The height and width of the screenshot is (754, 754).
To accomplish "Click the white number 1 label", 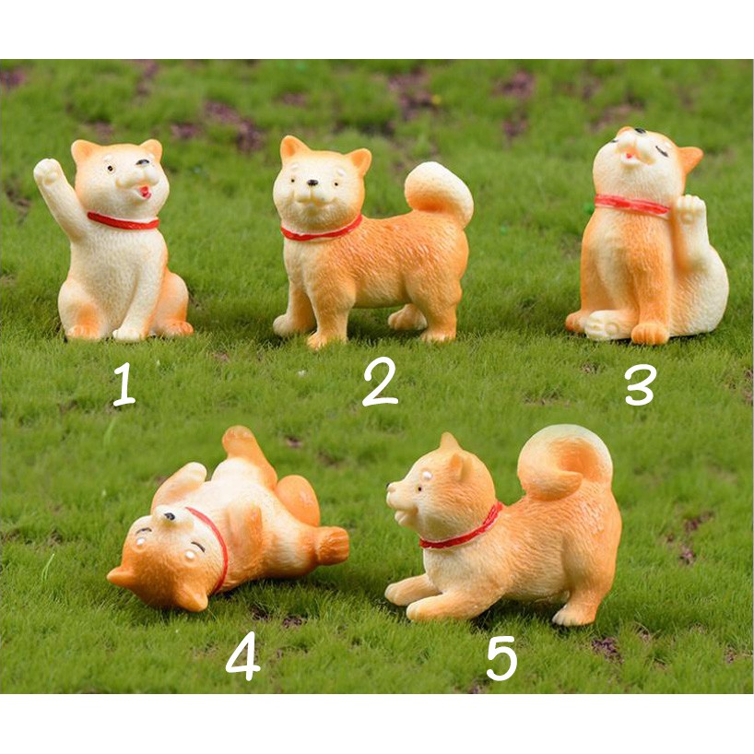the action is coord(124,384).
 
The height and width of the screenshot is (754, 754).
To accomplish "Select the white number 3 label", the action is coord(641,383).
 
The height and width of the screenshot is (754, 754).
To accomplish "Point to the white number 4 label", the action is coord(242,656).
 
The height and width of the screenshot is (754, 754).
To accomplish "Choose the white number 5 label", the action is coord(501,658).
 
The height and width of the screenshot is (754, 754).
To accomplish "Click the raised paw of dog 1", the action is coord(48,171).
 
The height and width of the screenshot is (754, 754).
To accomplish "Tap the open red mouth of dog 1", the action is coord(145,193).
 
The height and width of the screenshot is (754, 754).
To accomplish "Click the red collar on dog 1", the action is coord(123,221).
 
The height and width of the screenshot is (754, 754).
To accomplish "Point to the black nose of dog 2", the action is coord(312,183).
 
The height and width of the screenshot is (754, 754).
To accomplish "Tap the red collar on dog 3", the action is coord(631,205).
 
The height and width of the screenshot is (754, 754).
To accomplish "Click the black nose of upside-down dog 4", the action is coord(170,516).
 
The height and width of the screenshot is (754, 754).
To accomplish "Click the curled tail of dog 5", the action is coord(564,461).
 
